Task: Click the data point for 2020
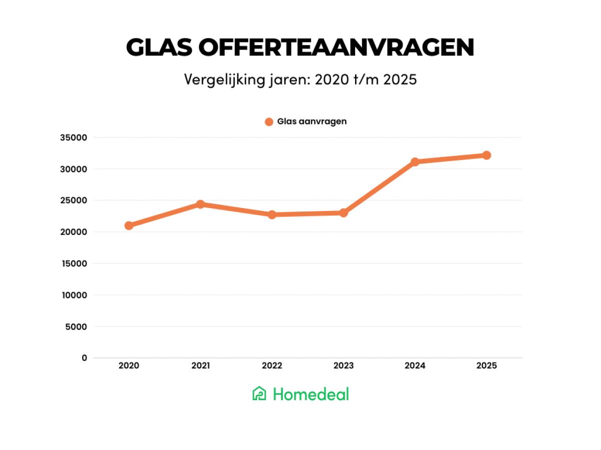tap(129, 225)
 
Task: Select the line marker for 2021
tap(200, 204)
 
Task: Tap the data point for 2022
tap(272, 214)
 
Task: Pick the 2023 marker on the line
tap(344, 212)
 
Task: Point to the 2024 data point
tap(415, 161)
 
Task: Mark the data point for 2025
tap(486, 155)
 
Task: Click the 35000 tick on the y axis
tap(73, 137)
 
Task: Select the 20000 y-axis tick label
tap(73, 232)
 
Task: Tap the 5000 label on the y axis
tap(76, 326)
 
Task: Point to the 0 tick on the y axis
tap(84, 358)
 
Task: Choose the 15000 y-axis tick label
tap(73, 263)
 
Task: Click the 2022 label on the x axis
tap(272, 366)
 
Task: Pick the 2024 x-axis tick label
tap(415, 366)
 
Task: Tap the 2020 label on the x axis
tap(129, 366)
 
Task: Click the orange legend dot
tap(269, 121)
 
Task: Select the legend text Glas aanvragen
tap(312, 121)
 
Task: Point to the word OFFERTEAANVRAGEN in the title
tap(336, 48)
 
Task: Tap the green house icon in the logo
tap(259, 394)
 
